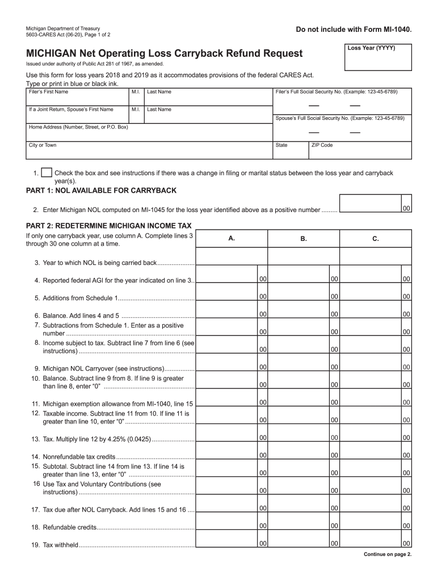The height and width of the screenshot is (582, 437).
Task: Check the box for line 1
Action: coord(48,173)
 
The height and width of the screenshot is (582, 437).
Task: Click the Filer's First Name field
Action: coord(77,98)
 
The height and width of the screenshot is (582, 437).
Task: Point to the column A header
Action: coord(232,239)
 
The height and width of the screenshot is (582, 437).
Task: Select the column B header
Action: coord(304,239)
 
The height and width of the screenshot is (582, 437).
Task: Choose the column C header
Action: coord(376,239)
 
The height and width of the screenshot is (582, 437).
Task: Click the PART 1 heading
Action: coord(102,190)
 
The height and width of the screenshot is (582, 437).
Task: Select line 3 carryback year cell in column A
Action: coord(232,257)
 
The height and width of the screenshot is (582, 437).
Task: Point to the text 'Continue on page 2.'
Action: coord(387,554)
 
